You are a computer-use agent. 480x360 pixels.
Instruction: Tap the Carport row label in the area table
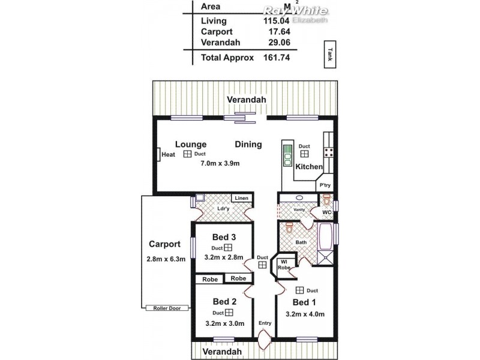(x=217, y=32)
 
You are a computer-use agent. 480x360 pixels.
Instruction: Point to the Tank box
(x=329, y=55)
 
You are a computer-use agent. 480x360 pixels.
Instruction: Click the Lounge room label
(x=191, y=144)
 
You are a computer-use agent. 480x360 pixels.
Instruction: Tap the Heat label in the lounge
(x=168, y=155)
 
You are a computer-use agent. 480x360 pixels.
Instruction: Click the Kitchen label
(x=309, y=166)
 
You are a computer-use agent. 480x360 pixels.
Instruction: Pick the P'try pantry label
(x=325, y=185)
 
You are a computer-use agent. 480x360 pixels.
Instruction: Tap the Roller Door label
(x=167, y=308)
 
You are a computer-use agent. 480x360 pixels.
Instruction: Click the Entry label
(x=265, y=323)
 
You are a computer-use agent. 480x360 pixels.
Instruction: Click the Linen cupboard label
(x=241, y=198)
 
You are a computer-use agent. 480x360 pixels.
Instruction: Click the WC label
(x=327, y=212)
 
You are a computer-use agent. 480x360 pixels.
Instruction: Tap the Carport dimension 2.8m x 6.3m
(x=166, y=259)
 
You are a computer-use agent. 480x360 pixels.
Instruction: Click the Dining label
(x=248, y=144)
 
